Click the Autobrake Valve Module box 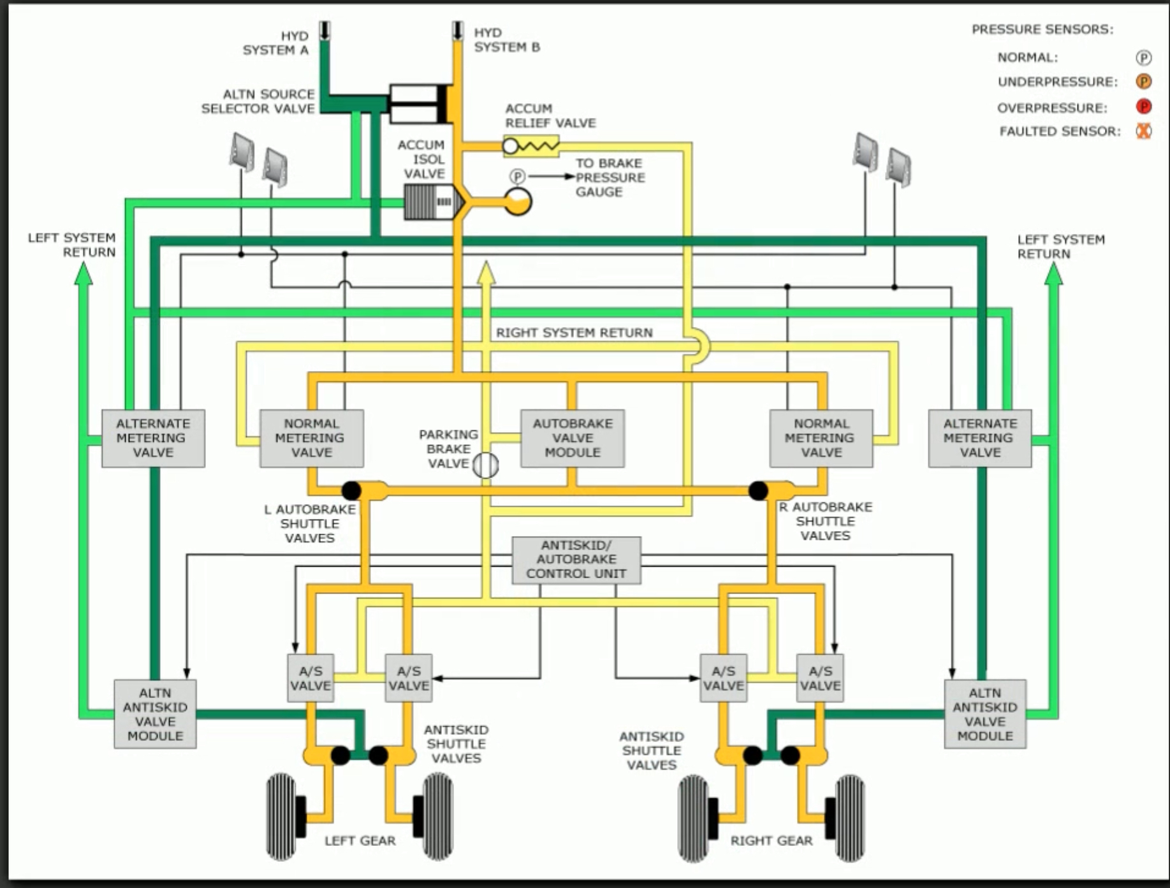[572, 438]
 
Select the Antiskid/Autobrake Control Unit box [576, 560]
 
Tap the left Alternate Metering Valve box [153, 438]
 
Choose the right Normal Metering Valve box [821, 438]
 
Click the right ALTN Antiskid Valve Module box [984, 714]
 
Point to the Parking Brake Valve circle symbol [486, 465]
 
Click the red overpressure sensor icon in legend [1143, 107]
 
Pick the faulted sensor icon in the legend [1143, 131]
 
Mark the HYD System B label [507, 40]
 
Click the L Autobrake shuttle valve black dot [351, 490]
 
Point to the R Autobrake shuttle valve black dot [757, 490]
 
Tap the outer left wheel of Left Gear [281, 817]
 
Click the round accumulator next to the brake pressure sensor [518, 201]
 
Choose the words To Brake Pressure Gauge [610, 177]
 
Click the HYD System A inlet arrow [325, 31]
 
